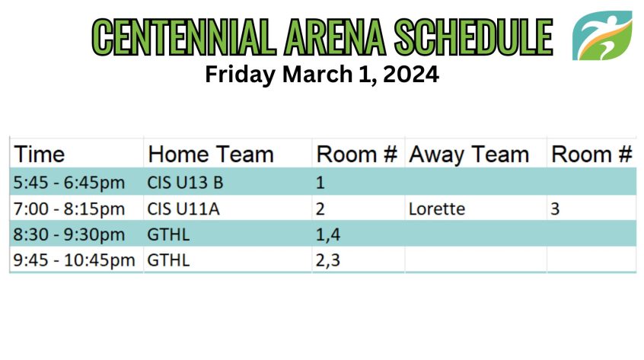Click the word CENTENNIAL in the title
coord(184,37)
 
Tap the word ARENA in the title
coord(335,37)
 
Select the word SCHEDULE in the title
coord(473,37)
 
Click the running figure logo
coord(602,36)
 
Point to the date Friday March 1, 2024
coord(322,75)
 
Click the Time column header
coord(40,155)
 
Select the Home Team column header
coord(211,155)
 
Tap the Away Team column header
coord(469,155)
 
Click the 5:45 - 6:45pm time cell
coord(69,183)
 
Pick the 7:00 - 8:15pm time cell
coord(69,209)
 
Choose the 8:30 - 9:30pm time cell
coord(69,235)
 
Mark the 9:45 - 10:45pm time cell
coord(74,260)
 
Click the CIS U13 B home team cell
coord(185,183)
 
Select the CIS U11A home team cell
coord(183,209)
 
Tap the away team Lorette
coord(437,209)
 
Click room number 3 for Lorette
coord(555,209)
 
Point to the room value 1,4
coord(328,235)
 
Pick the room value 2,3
coord(328,260)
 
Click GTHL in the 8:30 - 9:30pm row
coord(168,235)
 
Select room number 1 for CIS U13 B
coord(320,183)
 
